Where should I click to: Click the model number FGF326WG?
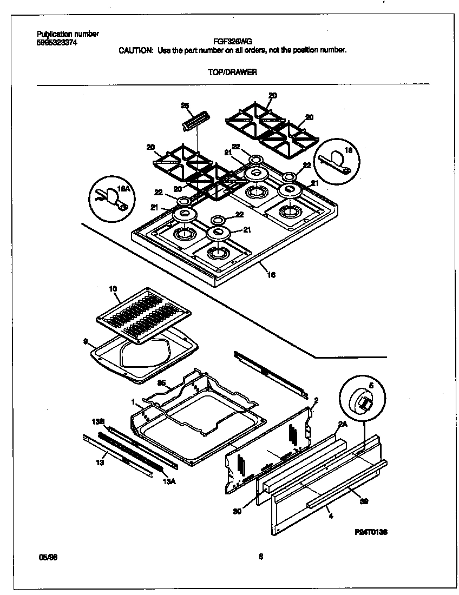click(232, 41)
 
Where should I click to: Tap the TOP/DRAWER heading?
click(232, 72)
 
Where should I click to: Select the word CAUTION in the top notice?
click(136, 50)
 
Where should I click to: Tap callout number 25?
click(184, 105)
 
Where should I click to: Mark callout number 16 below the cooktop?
click(271, 274)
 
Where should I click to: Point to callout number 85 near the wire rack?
click(161, 383)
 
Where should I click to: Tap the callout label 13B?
click(98, 421)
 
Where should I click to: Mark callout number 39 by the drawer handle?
click(364, 501)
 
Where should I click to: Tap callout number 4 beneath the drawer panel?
click(331, 517)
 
